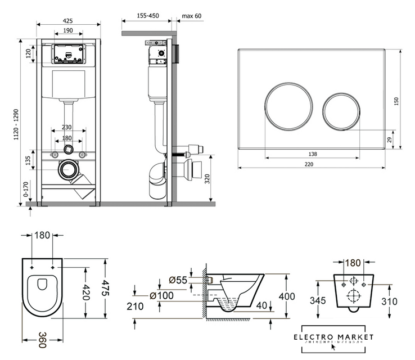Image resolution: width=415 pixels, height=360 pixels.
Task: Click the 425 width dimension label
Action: pyautogui.click(x=67, y=21)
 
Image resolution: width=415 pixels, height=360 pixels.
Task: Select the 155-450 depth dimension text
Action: pyautogui.click(x=147, y=16)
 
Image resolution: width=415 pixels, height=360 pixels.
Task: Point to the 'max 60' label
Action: pyautogui.click(x=192, y=16)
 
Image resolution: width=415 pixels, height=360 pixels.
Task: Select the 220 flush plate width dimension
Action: pyautogui.click(x=310, y=164)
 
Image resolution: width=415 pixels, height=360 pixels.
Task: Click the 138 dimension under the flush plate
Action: pyautogui.click(x=312, y=154)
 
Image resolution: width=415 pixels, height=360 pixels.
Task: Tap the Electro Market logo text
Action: pyautogui.click(x=337, y=336)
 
